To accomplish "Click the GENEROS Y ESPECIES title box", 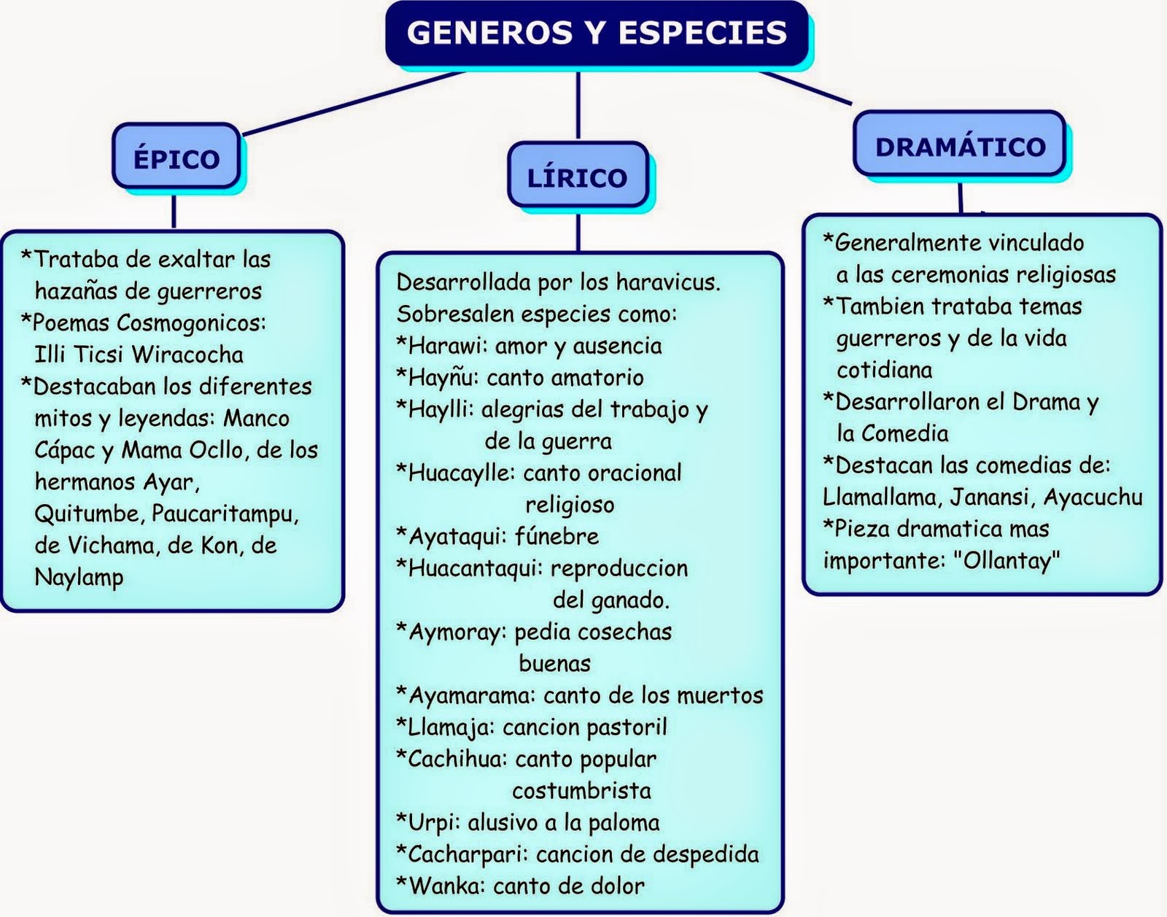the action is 597,34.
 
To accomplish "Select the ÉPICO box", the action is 176,158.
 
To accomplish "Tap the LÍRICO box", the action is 577,177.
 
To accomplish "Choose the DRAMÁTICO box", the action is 960,147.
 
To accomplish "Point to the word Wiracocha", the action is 187,355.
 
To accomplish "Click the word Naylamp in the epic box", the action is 79,577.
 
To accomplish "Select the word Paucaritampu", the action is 225,514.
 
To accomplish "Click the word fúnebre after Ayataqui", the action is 557,536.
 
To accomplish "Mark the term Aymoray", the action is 456,631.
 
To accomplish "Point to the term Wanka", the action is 444,886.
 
